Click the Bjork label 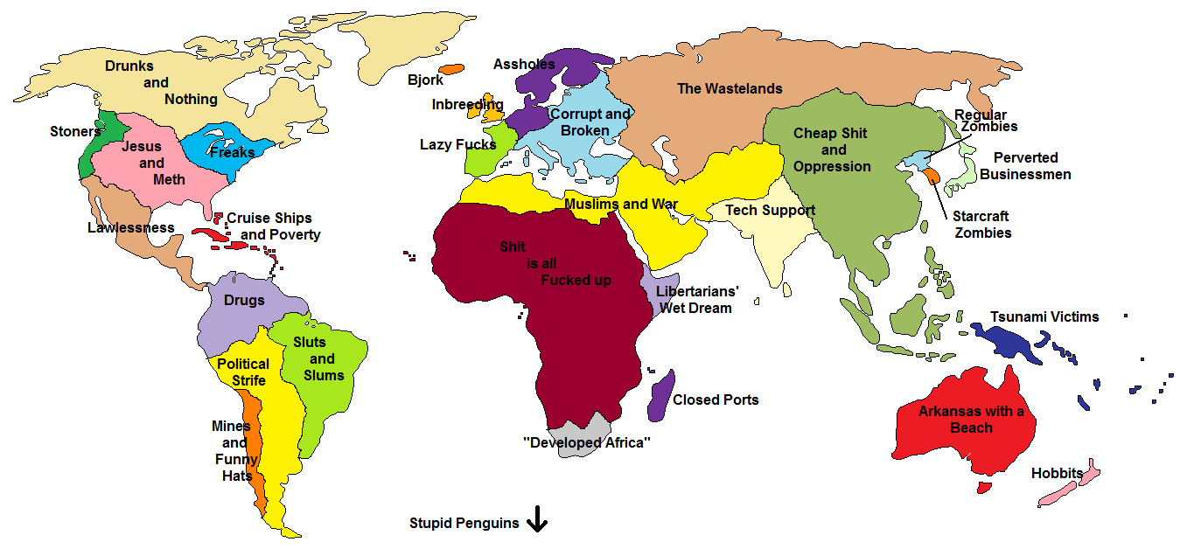(x=425, y=80)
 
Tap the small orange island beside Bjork (x=451, y=68)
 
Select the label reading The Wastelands (x=730, y=88)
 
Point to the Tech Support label (x=770, y=210)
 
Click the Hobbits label (x=1057, y=474)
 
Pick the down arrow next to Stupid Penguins (x=536, y=522)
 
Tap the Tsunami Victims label (x=1044, y=316)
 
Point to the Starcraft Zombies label (x=982, y=225)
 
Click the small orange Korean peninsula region (x=932, y=175)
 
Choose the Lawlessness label (x=131, y=228)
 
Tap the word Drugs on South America (x=244, y=301)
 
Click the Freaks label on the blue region (x=233, y=152)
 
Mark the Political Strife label (x=243, y=372)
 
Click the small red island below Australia (x=986, y=488)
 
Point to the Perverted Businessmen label (x=1025, y=166)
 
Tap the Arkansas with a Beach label (x=971, y=420)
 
